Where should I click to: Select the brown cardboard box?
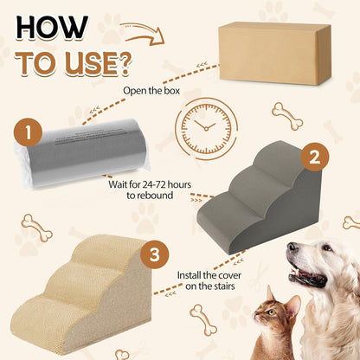(x=274, y=54)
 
